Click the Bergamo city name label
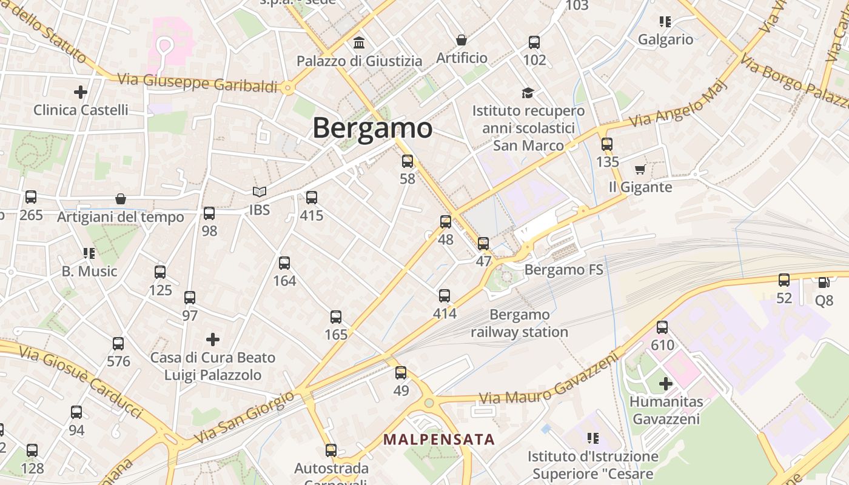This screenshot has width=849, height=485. coord(372,128)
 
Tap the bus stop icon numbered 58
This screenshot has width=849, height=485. coord(408,161)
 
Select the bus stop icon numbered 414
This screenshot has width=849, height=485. coord(445,296)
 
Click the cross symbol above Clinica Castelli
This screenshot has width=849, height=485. coord(81,92)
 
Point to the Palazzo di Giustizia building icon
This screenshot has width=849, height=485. coord(359,43)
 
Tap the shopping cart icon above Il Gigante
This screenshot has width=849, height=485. coord(640,170)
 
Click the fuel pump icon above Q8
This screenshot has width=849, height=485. coord(824,283)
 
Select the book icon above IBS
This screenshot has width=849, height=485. coord(260,192)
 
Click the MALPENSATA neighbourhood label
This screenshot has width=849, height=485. coord(439,439)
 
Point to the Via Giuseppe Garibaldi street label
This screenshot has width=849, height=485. coord(197,82)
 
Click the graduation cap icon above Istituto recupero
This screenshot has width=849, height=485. coord(528,93)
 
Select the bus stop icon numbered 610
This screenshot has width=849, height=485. coord(662,327)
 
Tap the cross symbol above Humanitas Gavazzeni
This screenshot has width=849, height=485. coord(666,384)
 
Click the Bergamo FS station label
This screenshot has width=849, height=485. coord(564,270)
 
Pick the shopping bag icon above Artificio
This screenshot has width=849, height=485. coord(461,40)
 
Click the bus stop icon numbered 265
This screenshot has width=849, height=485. coord(31,197)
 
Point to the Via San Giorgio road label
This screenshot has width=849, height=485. coord(244,418)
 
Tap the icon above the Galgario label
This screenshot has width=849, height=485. coord(665,22)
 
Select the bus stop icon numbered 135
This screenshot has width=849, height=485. coord(607,144)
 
